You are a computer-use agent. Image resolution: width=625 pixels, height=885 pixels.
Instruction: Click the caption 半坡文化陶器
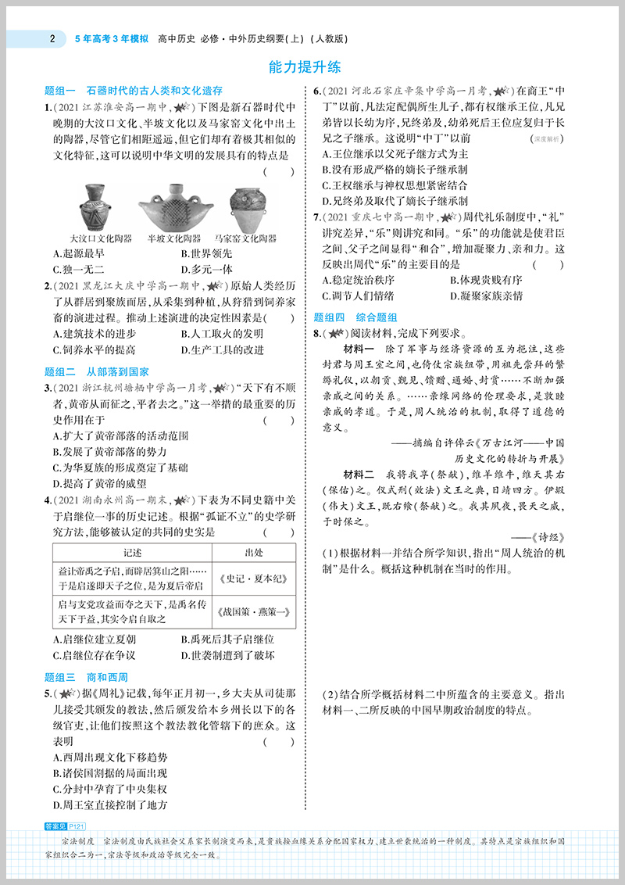click(178, 238)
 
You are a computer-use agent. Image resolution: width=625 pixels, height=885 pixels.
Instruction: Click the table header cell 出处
click(254, 553)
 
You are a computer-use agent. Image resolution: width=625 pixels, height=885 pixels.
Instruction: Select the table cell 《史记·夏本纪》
click(254, 579)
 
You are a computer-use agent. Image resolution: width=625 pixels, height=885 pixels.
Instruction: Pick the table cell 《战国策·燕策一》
click(254, 612)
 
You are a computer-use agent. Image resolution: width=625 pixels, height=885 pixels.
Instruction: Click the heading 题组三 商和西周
click(86, 678)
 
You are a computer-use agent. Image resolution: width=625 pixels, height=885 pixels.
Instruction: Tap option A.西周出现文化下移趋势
click(109, 757)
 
